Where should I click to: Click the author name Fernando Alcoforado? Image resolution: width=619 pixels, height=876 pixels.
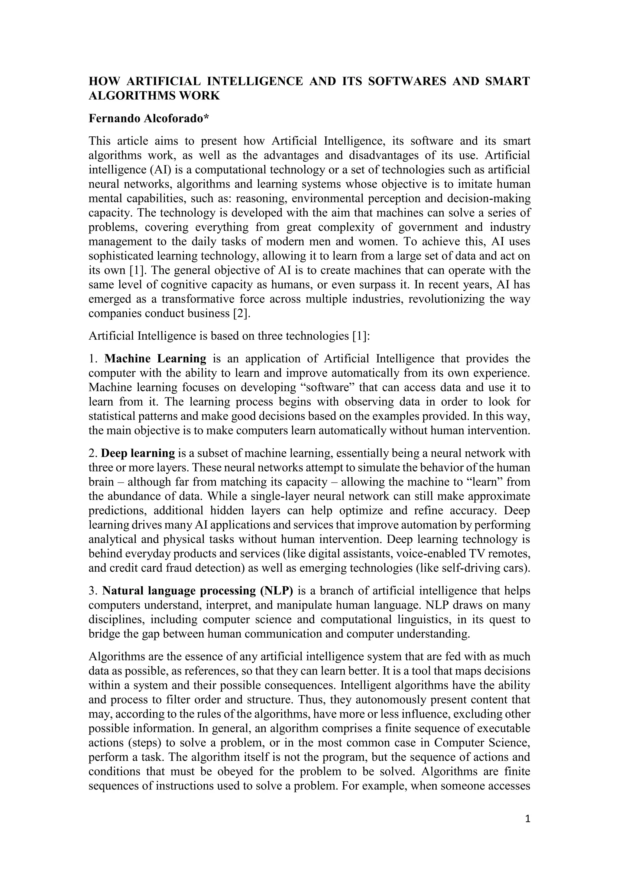pyautogui.click(x=146, y=119)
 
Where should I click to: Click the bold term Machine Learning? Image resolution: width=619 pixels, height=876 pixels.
pyautogui.click(x=155, y=359)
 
